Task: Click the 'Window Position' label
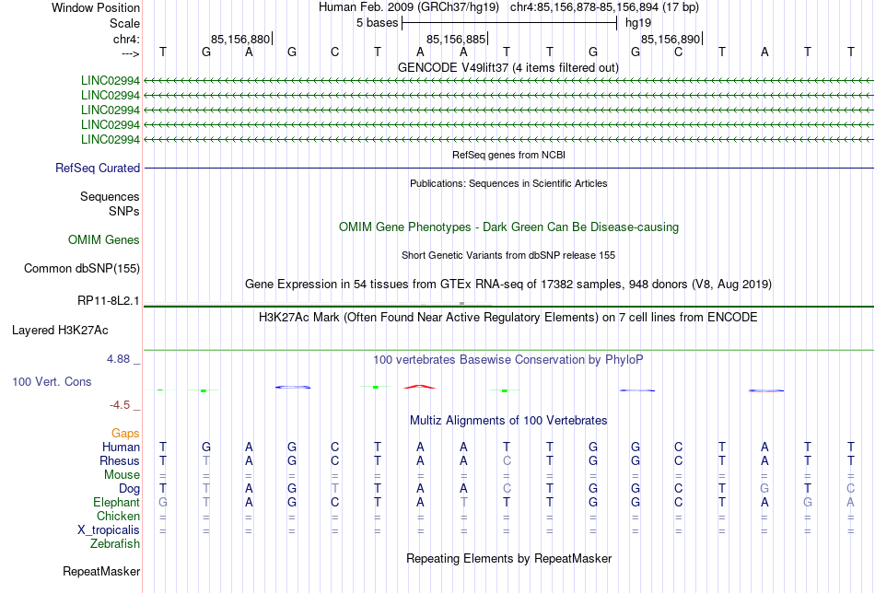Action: click(x=96, y=7)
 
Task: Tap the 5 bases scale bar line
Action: click(x=509, y=23)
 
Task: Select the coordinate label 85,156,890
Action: click(x=671, y=39)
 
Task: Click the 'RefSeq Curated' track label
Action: click(x=98, y=168)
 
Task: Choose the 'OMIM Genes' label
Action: click(x=104, y=240)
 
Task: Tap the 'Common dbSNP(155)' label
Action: click(x=82, y=268)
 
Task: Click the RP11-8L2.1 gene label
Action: click(x=109, y=301)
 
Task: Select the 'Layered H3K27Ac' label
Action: click(x=60, y=331)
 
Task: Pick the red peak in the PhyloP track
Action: click(x=420, y=386)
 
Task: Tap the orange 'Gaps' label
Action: click(x=125, y=434)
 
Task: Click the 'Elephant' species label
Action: click(x=116, y=503)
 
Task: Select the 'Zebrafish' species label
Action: click(x=115, y=544)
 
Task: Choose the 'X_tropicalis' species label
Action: click(x=109, y=530)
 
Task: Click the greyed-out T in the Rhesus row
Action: click(x=206, y=460)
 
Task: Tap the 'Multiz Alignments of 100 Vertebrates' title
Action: click(x=508, y=421)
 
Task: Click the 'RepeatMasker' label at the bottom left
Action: click(x=101, y=571)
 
